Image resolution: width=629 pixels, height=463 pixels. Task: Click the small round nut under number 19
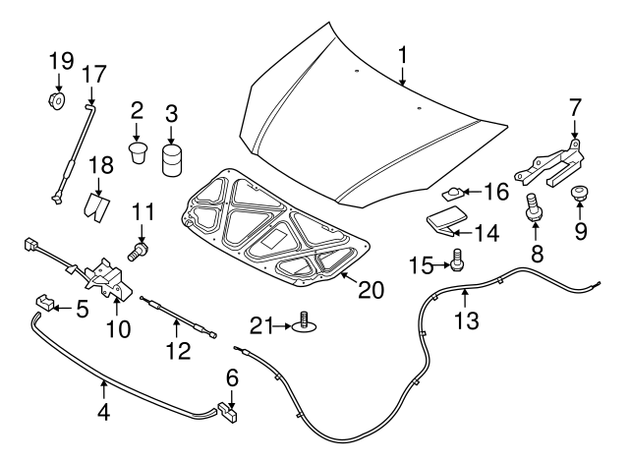(56, 99)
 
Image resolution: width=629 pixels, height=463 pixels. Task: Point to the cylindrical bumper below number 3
(173, 159)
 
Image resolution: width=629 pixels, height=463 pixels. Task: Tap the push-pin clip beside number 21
(305, 321)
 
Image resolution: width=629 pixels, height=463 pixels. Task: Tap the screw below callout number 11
(139, 253)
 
